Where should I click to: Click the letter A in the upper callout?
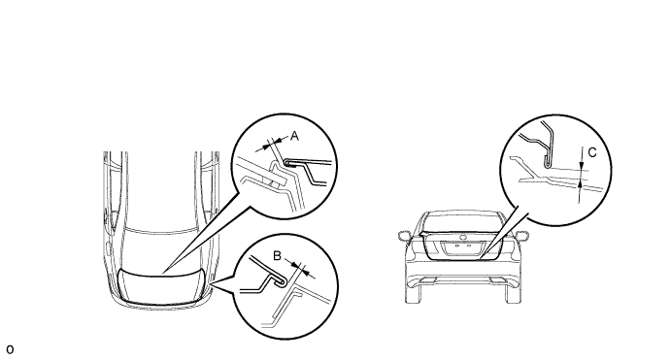pos(294,136)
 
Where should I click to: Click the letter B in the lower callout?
pos(277,256)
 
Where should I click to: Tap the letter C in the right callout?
pos(592,152)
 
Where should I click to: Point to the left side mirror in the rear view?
pos(404,236)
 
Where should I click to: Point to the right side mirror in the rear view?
pos(522,235)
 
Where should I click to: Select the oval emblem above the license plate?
pos(463,238)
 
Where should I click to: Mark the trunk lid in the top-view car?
pos(161,287)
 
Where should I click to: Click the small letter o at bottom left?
pos(10,349)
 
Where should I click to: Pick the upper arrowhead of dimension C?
pos(581,167)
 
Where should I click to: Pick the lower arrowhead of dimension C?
pos(580,184)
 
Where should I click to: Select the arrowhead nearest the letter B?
pos(293,264)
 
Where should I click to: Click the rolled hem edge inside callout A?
pos(287,163)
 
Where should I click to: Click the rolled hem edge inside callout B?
pos(281,281)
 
